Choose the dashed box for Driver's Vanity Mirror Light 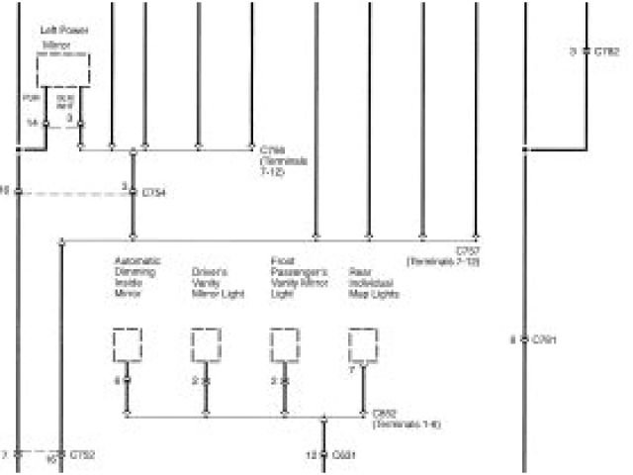pos(206,345)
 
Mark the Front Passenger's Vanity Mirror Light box pos(285,345)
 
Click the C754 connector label pos(153,192)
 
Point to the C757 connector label pos(468,250)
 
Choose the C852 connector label pos(385,415)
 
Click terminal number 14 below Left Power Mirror pos(32,123)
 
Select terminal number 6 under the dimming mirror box pos(117,380)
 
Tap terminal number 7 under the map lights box pos(353,369)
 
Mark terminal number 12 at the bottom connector pos(311,455)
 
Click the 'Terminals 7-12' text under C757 pos(442,261)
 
